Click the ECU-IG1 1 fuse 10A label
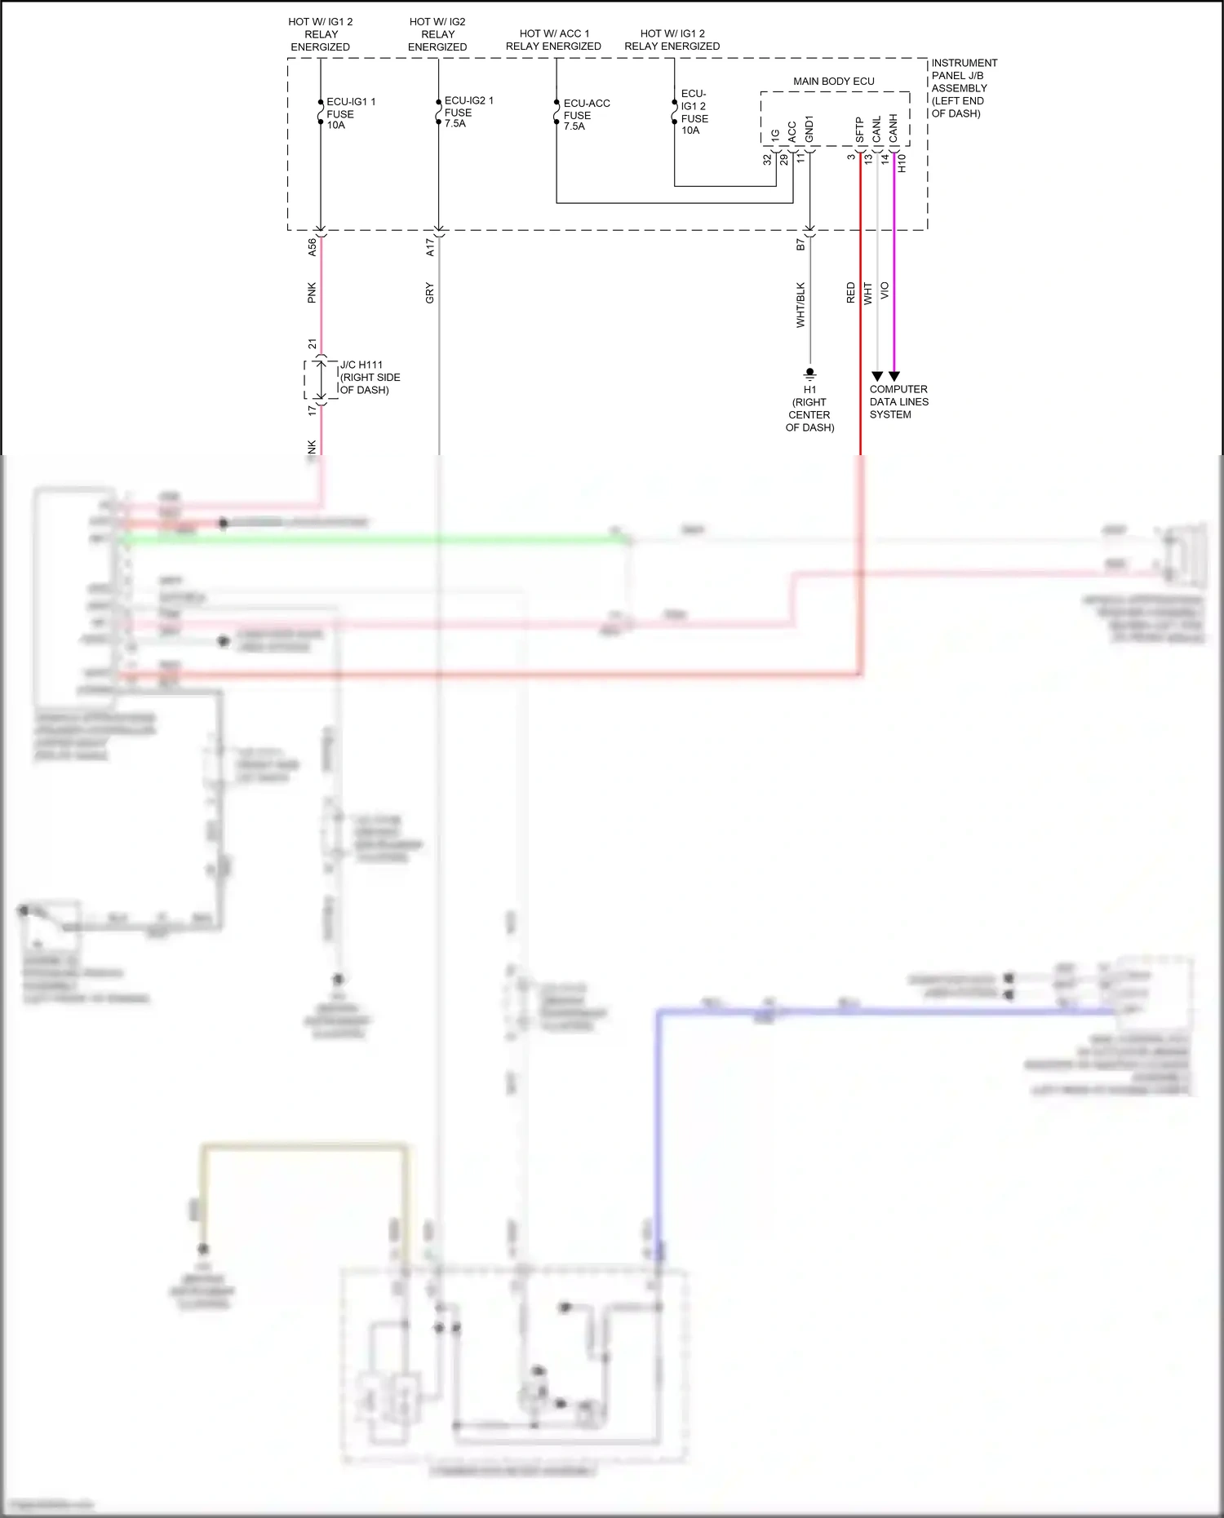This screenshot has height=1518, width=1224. coord(350,113)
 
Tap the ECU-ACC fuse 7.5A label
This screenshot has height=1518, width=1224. coord(586,115)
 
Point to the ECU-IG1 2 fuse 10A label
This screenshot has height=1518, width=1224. coord(694,112)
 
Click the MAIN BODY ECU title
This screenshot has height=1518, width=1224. coord(833,82)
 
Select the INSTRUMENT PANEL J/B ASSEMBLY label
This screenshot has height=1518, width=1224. coord(964,88)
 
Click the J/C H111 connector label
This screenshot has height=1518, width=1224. coord(369,378)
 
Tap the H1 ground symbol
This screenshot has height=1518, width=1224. coord(809,374)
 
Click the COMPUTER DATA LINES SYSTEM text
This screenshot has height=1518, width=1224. coord(898,402)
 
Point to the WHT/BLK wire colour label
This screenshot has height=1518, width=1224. coord(800,305)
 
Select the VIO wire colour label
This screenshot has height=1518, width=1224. coord(885,291)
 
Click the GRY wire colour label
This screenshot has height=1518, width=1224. coord(429,294)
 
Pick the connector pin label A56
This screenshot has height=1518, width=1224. coord(312,248)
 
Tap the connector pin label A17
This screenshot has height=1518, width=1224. coord(430,248)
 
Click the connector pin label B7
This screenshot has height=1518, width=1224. coord(800,244)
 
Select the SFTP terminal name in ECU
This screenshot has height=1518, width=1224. coord(859,131)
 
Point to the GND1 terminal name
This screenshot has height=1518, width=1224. coord(809,129)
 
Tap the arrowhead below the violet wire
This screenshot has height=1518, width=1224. coord(894,377)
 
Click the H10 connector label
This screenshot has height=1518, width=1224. coord(902,163)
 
